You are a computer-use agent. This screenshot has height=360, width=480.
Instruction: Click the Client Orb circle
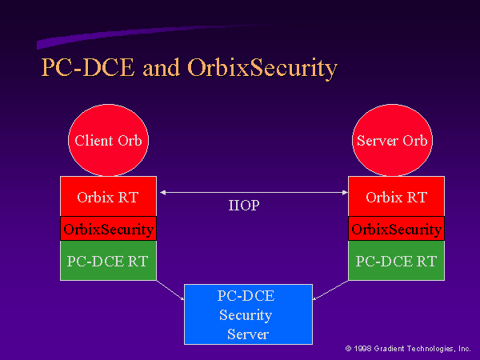[x=108, y=140]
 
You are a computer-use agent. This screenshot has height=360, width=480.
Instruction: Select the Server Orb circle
[x=392, y=140]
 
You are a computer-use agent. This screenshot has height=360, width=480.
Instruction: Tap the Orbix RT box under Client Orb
[x=108, y=196]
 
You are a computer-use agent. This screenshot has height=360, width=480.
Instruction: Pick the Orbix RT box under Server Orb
[x=397, y=196]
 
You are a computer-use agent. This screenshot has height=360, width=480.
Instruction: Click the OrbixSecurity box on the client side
[x=108, y=228]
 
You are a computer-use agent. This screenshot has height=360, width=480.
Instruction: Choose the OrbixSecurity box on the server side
[x=397, y=228]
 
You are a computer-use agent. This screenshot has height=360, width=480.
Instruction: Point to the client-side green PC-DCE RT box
[x=108, y=261]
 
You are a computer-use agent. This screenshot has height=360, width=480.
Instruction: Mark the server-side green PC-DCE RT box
[x=397, y=261]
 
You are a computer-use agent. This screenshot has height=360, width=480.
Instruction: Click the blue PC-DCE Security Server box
[x=248, y=314]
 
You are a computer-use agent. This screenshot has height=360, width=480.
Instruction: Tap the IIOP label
[x=244, y=205]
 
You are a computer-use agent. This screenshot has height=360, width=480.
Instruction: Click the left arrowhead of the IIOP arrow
[x=162, y=193]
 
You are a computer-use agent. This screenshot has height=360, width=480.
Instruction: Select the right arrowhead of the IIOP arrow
[x=345, y=193]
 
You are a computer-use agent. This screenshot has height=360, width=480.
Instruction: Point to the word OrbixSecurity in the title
[x=262, y=68]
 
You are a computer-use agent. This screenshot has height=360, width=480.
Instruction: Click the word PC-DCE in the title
[x=88, y=67]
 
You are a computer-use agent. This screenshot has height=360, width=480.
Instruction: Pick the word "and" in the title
[x=161, y=68]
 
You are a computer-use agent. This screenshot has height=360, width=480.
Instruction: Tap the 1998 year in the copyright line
[x=362, y=348]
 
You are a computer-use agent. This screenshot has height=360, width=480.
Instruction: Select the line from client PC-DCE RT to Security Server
[x=170, y=290]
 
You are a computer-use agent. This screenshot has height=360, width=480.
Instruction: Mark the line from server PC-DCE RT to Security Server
[x=330, y=290]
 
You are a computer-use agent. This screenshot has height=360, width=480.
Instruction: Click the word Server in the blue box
[x=248, y=334]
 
